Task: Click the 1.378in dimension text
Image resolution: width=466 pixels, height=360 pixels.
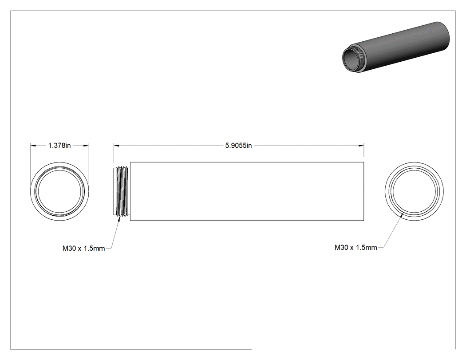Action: (59, 145)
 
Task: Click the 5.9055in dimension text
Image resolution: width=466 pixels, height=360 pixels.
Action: (238, 145)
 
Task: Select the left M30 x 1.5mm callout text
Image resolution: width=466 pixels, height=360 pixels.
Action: (83, 248)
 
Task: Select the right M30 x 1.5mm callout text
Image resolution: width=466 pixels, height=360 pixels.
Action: (356, 247)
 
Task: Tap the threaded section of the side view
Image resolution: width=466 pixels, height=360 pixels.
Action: (122, 191)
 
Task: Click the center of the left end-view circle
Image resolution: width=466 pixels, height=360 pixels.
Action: (59, 191)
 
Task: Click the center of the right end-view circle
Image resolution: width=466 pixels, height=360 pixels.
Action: (414, 191)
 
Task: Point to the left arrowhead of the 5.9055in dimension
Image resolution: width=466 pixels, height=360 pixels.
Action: (116, 145)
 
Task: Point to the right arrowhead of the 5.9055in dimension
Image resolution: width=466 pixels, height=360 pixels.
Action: (361, 145)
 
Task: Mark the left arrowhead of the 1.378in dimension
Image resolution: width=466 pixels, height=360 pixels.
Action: (33, 145)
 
